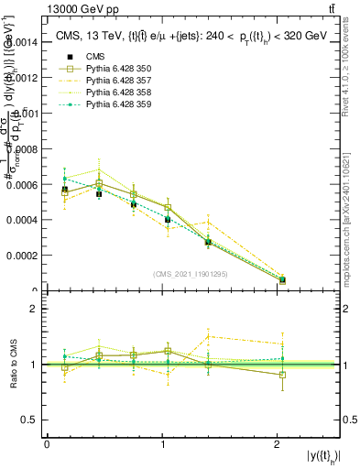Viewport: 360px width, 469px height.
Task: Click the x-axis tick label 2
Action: [278, 444]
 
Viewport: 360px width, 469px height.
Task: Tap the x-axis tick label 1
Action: [162, 444]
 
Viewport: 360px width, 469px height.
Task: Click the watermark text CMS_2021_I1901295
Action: [191, 274]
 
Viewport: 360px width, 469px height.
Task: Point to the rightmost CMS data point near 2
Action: [282, 279]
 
